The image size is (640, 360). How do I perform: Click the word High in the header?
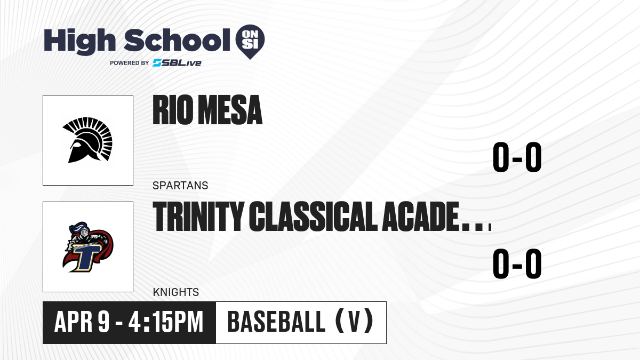79,41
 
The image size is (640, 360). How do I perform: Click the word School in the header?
177,40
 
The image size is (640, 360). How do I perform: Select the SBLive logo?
177,63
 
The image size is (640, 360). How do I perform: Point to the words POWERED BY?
130,63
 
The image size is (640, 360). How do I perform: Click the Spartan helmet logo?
87,140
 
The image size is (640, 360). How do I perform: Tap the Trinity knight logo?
87,247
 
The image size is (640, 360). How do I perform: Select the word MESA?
230,110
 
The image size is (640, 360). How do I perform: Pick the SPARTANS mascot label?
180,186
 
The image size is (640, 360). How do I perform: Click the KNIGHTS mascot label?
176,292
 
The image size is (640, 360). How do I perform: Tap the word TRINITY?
198,217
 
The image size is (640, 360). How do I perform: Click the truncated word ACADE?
421,217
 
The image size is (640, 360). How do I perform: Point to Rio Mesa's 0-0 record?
517,157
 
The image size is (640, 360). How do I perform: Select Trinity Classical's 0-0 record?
517,263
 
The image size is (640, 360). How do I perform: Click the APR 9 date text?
82,322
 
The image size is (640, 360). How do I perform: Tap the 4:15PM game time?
166,322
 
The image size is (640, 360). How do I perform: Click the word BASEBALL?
276,322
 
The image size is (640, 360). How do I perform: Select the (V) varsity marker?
354,322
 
